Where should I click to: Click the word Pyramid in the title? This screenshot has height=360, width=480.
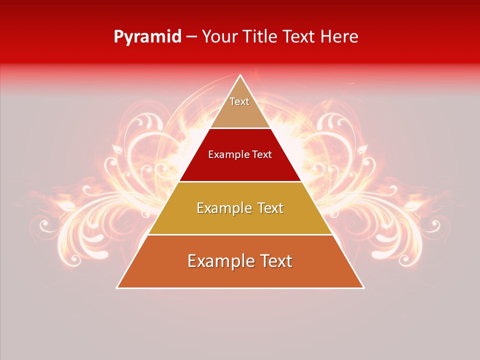(147, 37)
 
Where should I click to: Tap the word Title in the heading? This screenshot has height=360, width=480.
(260, 36)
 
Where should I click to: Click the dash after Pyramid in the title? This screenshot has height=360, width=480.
(191, 37)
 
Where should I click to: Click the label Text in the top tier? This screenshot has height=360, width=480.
(239, 101)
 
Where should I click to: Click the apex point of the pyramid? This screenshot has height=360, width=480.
(240, 75)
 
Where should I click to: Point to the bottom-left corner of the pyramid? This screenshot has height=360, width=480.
(117, 288)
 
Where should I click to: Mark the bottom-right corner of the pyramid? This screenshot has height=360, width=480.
(363, 288)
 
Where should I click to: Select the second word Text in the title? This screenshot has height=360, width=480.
(299, 36)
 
